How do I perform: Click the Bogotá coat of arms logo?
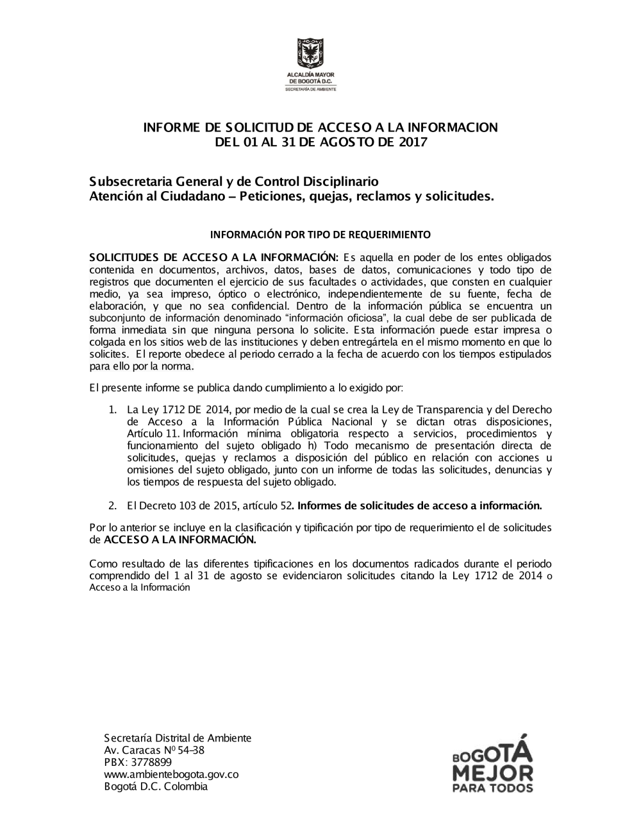pos(310,54)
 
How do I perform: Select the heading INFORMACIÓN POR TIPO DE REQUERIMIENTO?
pos(320,234)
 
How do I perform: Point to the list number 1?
pos(112,409)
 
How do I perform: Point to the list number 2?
pos(112,505)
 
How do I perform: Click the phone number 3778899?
pos(151,762)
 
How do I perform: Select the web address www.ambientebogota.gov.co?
pos(171,774)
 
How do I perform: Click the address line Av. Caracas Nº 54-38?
pos(154,750)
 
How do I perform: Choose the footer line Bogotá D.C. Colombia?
pos(156,786)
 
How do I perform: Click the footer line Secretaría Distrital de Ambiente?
pos(178,738)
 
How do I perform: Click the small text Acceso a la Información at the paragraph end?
pos(140,588)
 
